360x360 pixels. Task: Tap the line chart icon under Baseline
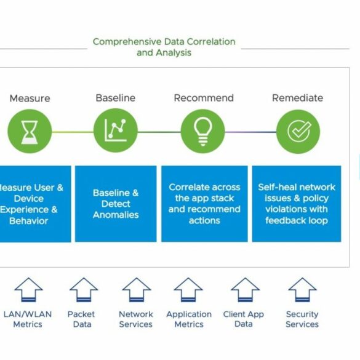click(x=116, y=130)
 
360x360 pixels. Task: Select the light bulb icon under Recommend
click(x=202, y=132)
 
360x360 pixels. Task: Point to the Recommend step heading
click(x=204, y=98)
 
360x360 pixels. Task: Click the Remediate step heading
click(x=298, y=98)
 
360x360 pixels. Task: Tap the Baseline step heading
click(x=116, y=98)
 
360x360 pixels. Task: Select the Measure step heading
click(x=30, y=98)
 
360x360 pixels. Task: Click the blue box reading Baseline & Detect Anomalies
click(x=116, y=204)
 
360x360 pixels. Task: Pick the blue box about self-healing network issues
click(x=297, y=204)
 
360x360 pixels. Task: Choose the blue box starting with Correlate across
click(x=204, y=204)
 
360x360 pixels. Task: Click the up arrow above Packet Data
click(x=84, y=290)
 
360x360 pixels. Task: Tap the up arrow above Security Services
click(x=302, y=290)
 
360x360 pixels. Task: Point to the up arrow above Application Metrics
click(x=188, y=290)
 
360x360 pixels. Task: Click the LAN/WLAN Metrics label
click(x=28, y=319)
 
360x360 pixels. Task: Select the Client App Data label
click(x=243, y=319)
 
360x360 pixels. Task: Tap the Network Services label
click(x=136, y=319)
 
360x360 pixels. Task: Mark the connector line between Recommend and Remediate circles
click(x=250, y=132)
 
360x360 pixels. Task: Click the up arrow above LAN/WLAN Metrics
click(x=28, y=290)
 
